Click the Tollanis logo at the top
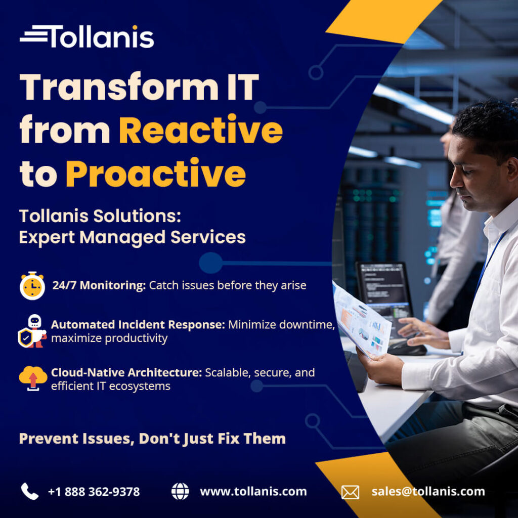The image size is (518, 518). click(87, 36)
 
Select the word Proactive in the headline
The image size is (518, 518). click(156, 173)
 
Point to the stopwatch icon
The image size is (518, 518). click(32, 286)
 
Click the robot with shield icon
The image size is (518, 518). click(32, 331)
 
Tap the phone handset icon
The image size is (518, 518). click(29, 491)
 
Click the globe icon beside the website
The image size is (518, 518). click(180, 491)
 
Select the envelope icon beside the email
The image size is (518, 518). click(350, 492)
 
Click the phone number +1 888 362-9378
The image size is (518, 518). click(94, 492)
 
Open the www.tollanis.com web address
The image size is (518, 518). click(253, 492)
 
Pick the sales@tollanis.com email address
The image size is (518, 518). click(428, 492)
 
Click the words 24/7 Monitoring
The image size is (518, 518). click(99, 285)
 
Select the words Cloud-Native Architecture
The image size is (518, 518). click(126, 373)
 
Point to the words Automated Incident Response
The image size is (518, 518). click(138, 325)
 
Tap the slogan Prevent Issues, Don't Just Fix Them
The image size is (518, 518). click(152, 439)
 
